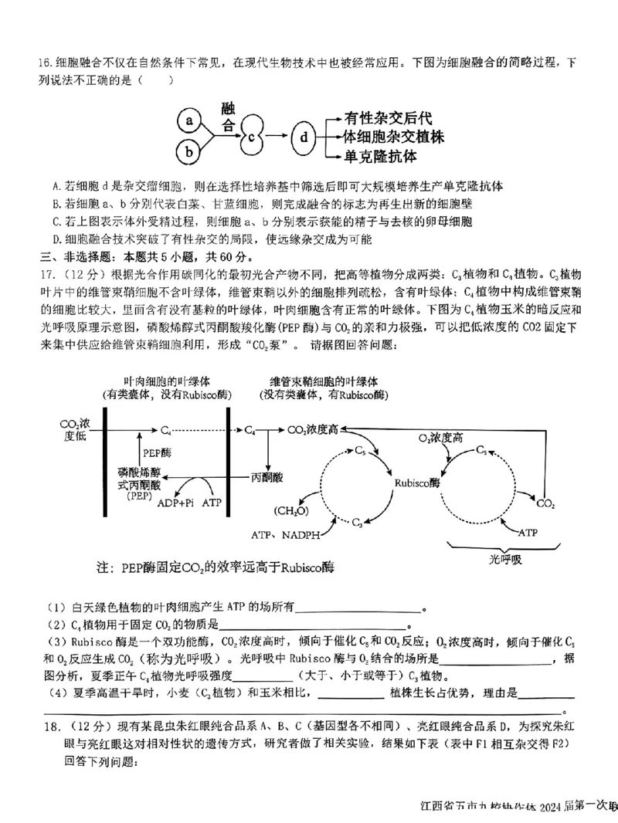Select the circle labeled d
(304, 137)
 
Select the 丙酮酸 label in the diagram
(266, 478)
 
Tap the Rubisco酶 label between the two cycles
(417, 482)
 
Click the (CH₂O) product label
(290, 510)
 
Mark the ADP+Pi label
(175, 503)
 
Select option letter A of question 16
(56, 186)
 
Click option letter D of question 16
(56, 239)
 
